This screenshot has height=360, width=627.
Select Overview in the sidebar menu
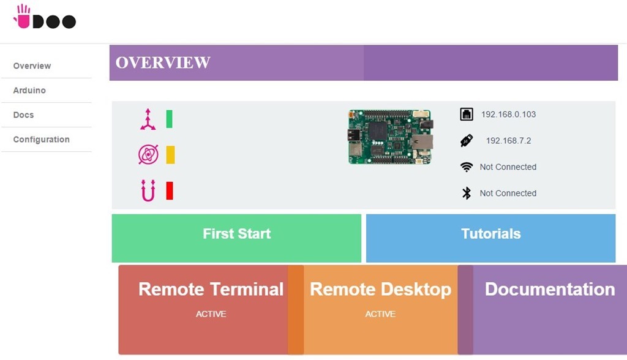click(32, 66)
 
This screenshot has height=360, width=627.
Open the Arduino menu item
click(29, 91)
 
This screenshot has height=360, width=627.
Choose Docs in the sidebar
click(23, 115)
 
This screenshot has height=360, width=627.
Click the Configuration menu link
click(41, 140)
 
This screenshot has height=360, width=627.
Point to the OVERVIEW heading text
click(163, 62)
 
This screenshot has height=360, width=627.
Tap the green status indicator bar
click(170, 119)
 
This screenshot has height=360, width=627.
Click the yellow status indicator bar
click(170, 155)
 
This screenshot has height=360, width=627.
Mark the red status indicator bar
click(170, 190)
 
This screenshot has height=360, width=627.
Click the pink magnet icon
click(148, 190)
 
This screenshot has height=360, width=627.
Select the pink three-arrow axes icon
click(148, 119)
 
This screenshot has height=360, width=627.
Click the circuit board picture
click(390, 137)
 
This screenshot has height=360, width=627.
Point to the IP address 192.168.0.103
click(508, 114)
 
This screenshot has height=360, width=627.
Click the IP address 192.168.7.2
click(508, 141)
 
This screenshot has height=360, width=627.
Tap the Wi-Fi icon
click(467, 167)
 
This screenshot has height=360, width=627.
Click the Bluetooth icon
click(467, 193)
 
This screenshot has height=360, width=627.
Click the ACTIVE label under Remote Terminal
click(211, 314)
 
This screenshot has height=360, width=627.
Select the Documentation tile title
click(549, 290)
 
